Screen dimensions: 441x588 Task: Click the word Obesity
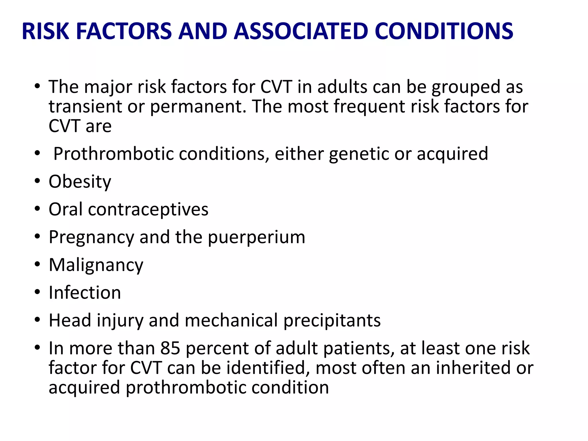tap(80, 182)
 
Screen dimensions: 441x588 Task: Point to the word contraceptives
tap(148, 209)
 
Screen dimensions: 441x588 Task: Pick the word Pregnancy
tap(91, 238)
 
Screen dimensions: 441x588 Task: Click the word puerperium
tap(256, 238)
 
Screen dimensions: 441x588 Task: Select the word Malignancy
tap(96, 265)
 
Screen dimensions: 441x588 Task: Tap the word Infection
tap(85, 293)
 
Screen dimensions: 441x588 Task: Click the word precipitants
tap(332, 320)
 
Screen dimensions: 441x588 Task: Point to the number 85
tap(170, 348)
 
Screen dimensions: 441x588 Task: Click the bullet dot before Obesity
tap(37, 181)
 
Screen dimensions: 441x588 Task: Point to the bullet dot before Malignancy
tap(37, 264)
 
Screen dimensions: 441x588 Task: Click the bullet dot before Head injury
tap(37, 320)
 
